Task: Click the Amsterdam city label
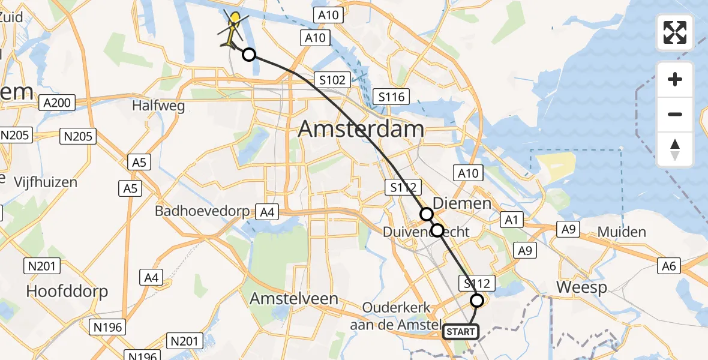(x=361, y=129)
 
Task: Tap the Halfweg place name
(x=159, y=106)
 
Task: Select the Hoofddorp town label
(x=67, y=292)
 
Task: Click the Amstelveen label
(x=294, y=298)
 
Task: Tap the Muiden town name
(x=622, y=232)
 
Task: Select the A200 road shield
(x=58, y=103)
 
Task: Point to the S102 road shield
(x=331, y=80)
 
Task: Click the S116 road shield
(x=391, y=97)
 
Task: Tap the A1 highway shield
(x=511, y=220)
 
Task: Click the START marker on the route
(x=461, y=331)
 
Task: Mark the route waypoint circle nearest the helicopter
(x=248, y=55)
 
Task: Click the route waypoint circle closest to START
(x=477, y=300)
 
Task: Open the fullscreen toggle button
(x=675, y=32)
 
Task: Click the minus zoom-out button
(x=675, y=114)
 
